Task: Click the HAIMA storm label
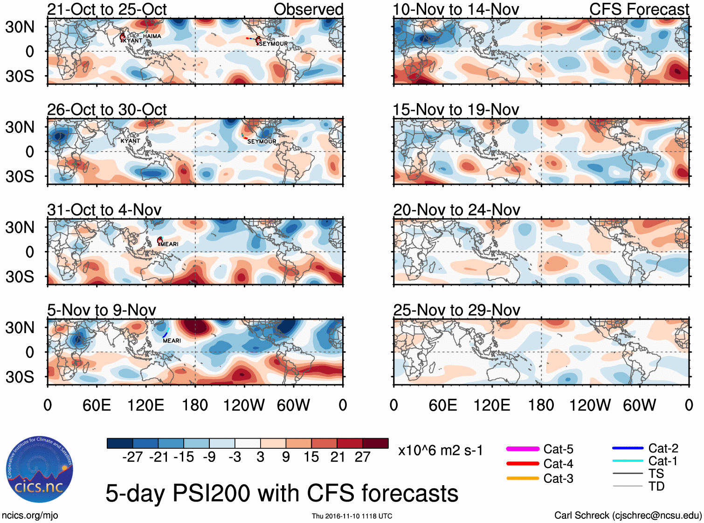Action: click(152, 36)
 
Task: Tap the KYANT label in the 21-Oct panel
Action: click(133, 41)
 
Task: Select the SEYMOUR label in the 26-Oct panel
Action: click(262, 141)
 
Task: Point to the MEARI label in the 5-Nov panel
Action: click(172, 341)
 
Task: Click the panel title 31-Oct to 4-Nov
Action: click(104, 210)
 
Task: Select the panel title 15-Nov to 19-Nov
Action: click(456, 110)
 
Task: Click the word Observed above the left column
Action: click(308, 9)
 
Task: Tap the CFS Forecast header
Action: click(639, 9)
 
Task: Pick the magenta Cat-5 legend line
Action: click(523, 449)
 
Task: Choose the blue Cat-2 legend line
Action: click(628, 448)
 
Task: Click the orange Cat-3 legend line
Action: click(523, 478)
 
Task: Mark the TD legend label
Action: click(656, 486)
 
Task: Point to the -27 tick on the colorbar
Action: click(132, 457)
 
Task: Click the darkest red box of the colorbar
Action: click(375, 443)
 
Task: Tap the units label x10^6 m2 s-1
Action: click(440, 451)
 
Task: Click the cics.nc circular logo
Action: click(40, 469)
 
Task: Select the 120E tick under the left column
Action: click(145, 405)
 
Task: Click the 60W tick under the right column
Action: click(639, 405)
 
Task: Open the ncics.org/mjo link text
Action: click(30, 515)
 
